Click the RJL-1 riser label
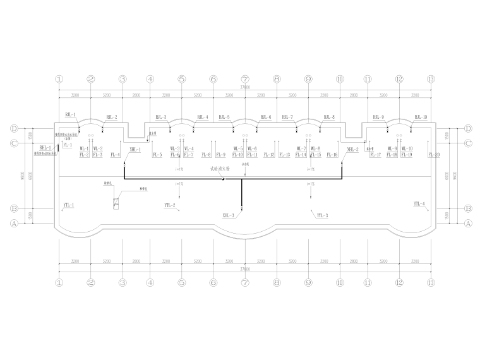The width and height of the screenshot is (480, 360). pyautogui.click(x=70, y=115)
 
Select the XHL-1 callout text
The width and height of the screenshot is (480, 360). pyautogui.click(x=135, y=149)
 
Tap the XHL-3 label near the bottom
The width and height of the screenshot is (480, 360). pyautogui.click(x=228, y=215)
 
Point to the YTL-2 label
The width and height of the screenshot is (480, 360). pyautogui.click(x=169, y=206)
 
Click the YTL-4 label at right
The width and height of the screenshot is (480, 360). pyautogui.click(x=419, y=204)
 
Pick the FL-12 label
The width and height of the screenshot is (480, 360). pyautogui.click(x=270, y=155)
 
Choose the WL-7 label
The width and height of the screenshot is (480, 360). pyautogui.click(x=301, y=149)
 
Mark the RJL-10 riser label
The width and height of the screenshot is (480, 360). pyautogui.click(x=421, y=117)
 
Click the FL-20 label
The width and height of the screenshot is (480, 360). pyautogui.click(x=434, y=155)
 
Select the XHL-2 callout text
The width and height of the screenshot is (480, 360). pyautogui.click(x=352, y=149)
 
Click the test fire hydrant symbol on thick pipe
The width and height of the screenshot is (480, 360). pyautogui.click(x=222, y=178)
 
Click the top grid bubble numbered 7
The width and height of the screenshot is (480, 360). pyautogui.click(x=245, y=80)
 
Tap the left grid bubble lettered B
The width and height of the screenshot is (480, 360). pyautogui.click(x=13, y=208)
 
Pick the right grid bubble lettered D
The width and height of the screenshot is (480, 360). pyautogui.click(x=469, y=128)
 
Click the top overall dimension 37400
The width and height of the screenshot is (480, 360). pyautogui.click(x=245, y=88)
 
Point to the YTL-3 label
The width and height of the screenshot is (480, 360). pyautogui.click(x=322, y=215)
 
